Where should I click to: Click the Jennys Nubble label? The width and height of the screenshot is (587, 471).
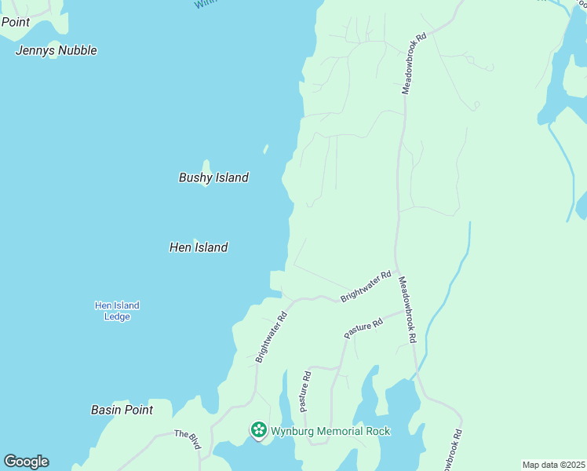click(x=57, y=50)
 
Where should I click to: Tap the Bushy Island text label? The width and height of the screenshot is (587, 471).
click(x=213, y=177)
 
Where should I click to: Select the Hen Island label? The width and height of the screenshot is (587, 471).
click(x=199, y=247)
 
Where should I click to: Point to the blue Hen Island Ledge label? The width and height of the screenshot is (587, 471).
click(x=117, y=311)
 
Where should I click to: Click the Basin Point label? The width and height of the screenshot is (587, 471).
click(x=121, y=410)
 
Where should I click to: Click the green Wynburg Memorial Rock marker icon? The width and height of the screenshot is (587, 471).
click(x=258, y=430)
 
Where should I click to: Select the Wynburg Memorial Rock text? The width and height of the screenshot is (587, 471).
click(x=330, y=431)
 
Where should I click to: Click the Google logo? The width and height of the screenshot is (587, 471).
click(x=26, y=462)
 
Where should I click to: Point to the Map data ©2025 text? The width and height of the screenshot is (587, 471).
click(x=552, y=465)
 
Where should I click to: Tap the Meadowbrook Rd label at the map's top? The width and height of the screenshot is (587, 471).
click(x=414, y=64)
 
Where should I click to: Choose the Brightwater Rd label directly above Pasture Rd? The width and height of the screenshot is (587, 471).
click(x=366, y=287)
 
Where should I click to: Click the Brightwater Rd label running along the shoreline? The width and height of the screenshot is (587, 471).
click(x=272, y=337)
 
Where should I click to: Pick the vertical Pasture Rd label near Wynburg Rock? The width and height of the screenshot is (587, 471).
click(x=305, y=392)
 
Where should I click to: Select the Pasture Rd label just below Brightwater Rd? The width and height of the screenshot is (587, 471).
click(x=363, y=328)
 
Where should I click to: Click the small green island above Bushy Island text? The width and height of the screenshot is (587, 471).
click(x=206, y=166)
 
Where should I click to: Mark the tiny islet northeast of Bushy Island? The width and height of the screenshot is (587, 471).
click(x=266, y=148)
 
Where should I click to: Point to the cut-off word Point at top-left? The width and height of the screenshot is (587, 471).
click(x=15, y=22)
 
